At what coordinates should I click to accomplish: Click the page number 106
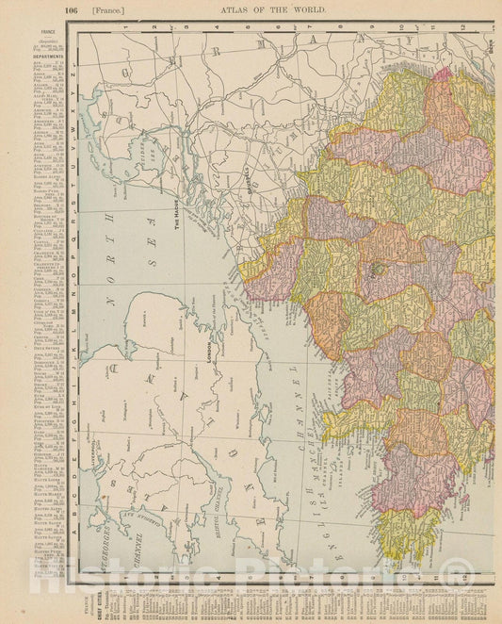[x=72, y=8]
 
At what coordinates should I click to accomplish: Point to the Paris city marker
[x=376, y=270]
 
